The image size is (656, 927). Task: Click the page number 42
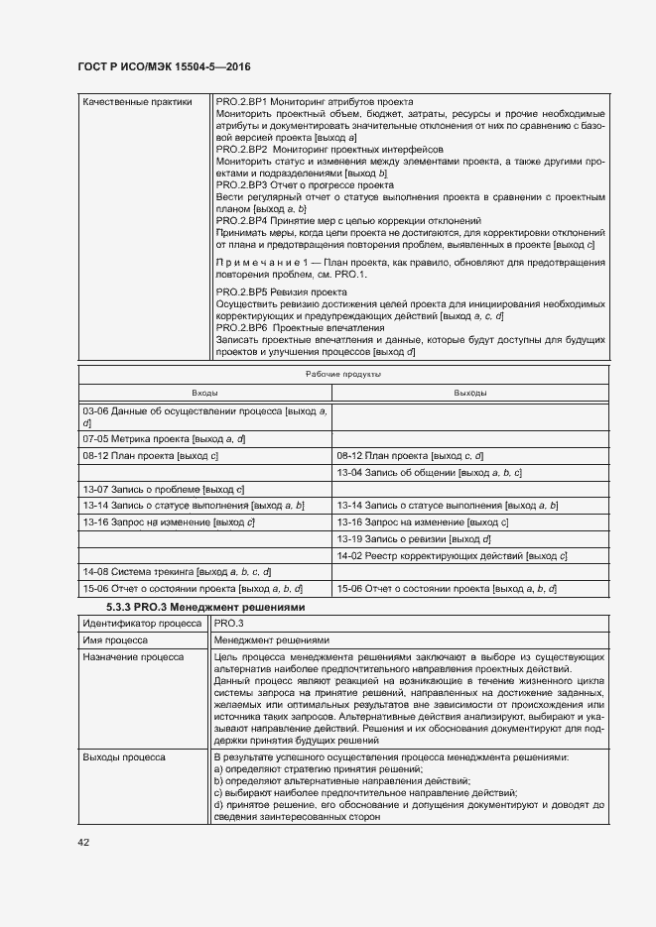[x=82, y=842]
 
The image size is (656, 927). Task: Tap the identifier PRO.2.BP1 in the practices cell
[x=241, y=102]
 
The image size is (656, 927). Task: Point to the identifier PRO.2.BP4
[x=241, y=220]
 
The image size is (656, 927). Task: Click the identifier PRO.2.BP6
[x=241, y=327]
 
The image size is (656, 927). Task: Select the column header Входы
[x=205, y=394]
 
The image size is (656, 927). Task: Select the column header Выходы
[x=469, y=394]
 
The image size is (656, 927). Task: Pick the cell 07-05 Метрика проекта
[x=164, y=438]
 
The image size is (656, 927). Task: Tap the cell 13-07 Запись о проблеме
[x=164, y=489]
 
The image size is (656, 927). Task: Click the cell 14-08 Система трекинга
[x=177, y=572]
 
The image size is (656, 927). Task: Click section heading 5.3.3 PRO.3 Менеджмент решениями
[x=204, y=606]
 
